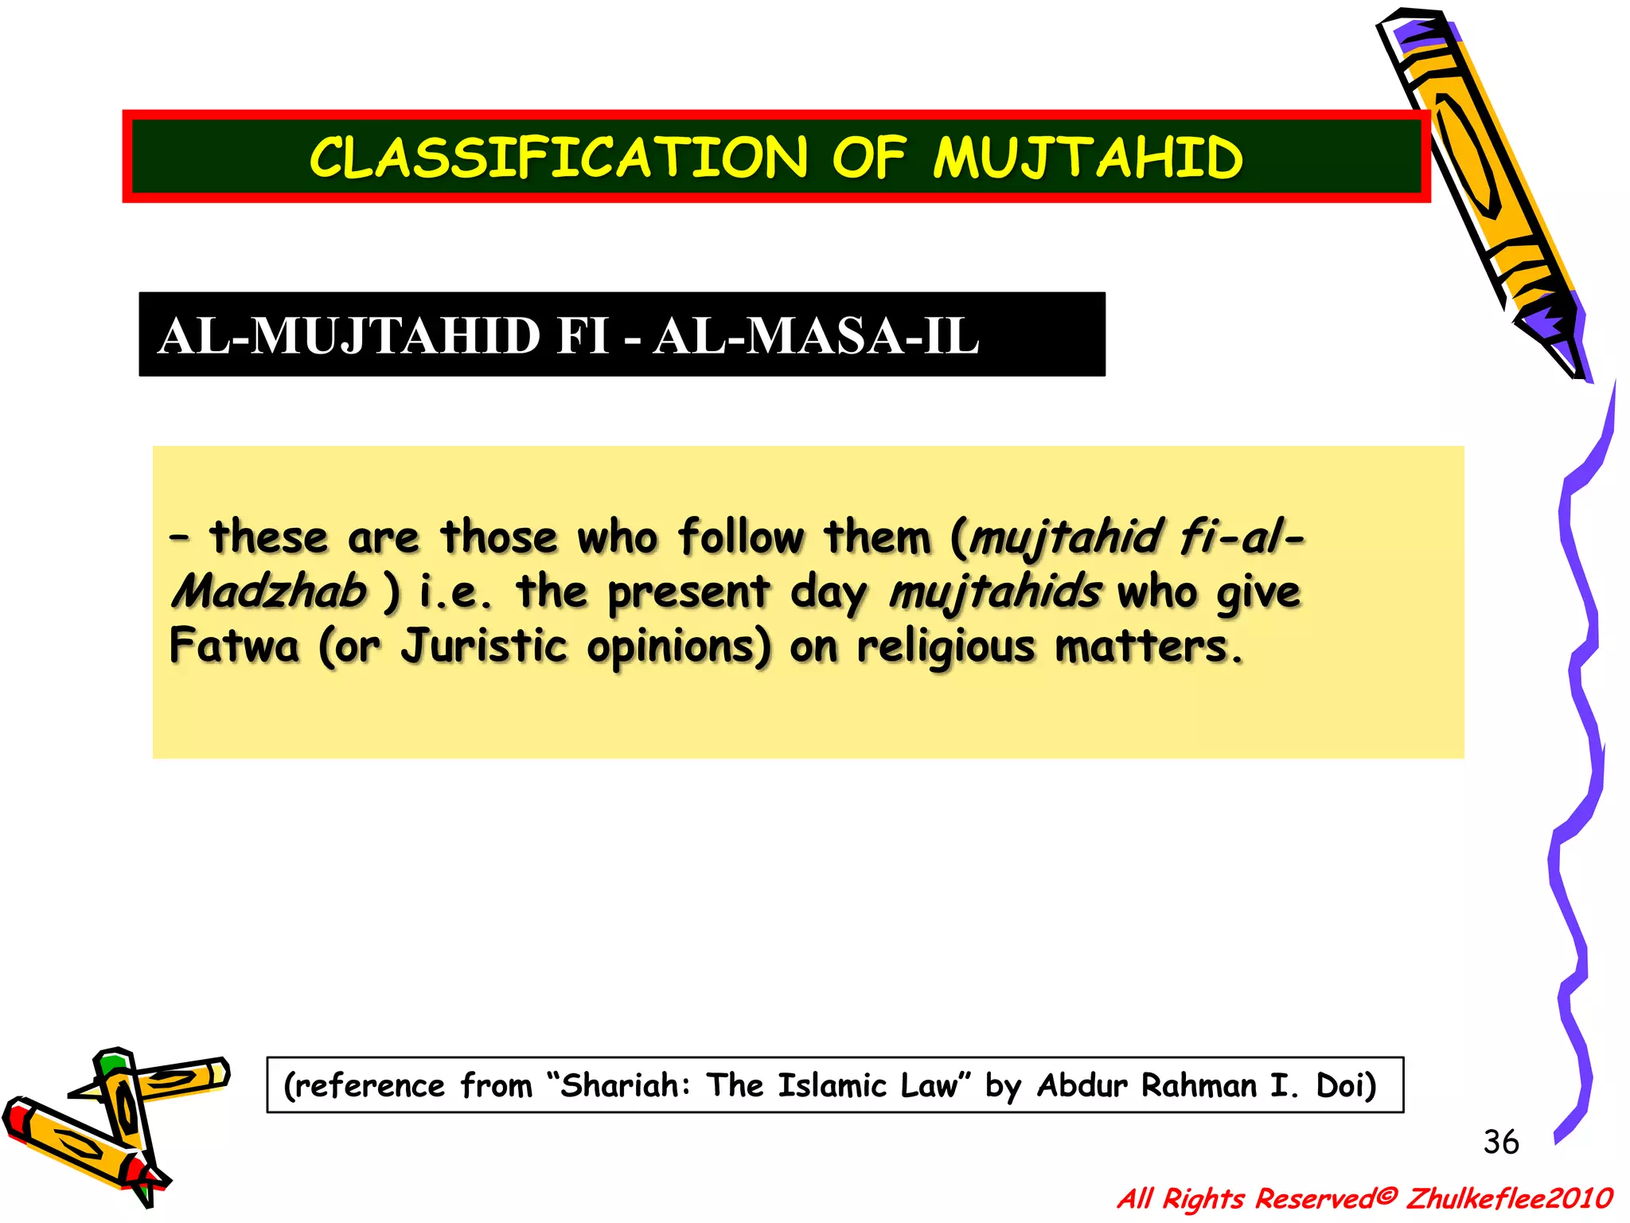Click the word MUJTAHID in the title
[x=1087, y=158]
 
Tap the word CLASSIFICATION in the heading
[x=559, y=158]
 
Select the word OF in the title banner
[x=868, y=158]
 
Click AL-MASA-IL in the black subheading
[x=816, y=336]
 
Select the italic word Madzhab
[x=269, y=591]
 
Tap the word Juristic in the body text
[x=483, y=645]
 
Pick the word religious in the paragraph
[x=946, y=647]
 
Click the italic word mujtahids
[x=995, y=592]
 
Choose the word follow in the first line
[x=740, y=537]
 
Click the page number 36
[x=1500, y=1142]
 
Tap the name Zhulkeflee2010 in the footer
[x=1509, y=1198]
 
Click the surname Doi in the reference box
[x=1344, y=1085]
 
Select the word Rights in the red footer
[x=1203, y=1198]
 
